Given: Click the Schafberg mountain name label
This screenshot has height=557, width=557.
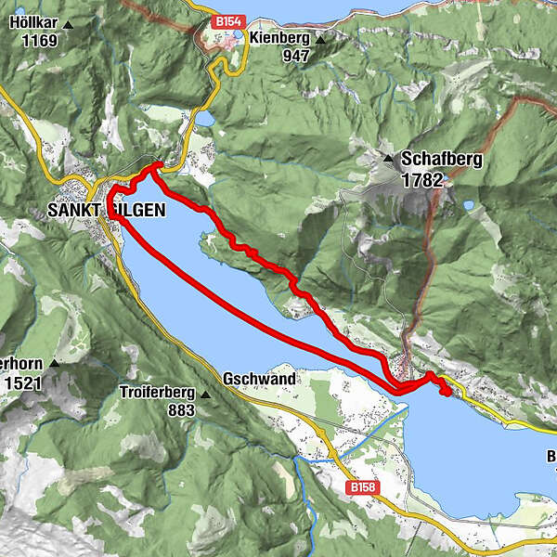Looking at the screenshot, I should (441, 160).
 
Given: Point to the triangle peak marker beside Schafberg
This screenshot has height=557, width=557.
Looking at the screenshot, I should (389, 159).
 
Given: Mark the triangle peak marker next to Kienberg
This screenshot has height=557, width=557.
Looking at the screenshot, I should (321, 40).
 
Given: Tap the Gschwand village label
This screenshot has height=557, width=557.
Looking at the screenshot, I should (259, 380).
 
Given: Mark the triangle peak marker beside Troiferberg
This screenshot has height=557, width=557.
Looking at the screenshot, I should (205, 394).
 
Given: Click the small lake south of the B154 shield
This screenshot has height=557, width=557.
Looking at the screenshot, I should (203, 120).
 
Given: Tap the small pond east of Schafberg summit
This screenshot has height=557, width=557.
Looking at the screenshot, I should (469, 205).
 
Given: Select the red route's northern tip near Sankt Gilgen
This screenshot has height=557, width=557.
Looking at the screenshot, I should (158, 165).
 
